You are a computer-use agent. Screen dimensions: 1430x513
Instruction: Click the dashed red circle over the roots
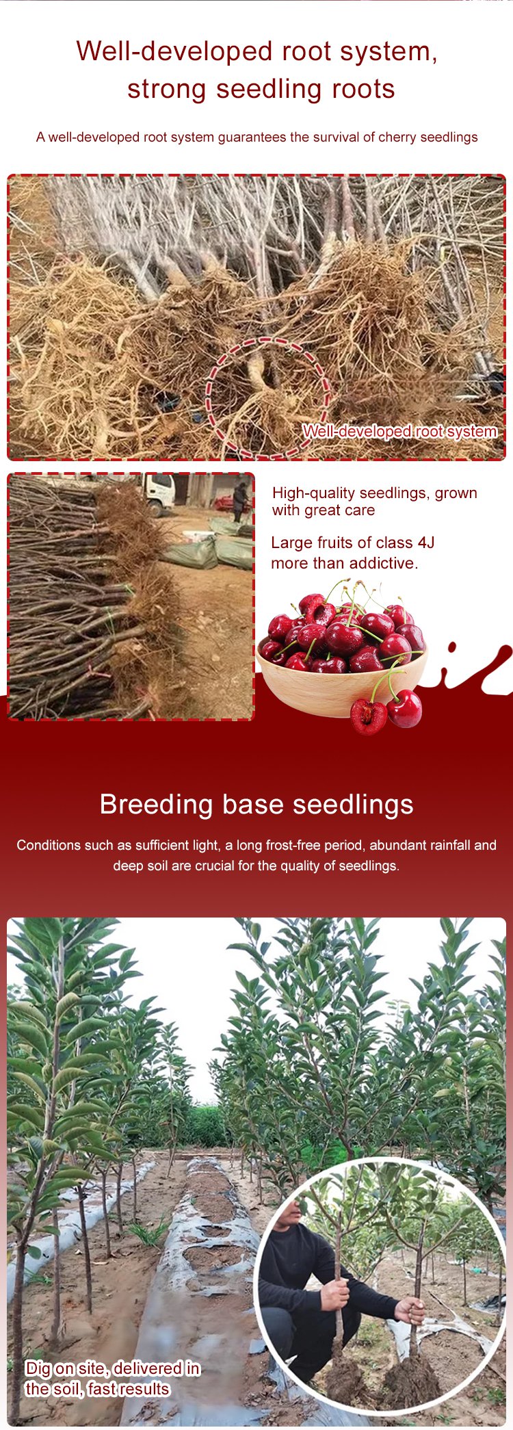click(x=268, y=398)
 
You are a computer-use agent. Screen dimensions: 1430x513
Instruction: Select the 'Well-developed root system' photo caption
click(x=399, y=431)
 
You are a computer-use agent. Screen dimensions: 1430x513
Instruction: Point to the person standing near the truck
click(x=240, y=501)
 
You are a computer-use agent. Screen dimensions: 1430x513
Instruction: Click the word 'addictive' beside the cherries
click(x=387, y=563)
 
